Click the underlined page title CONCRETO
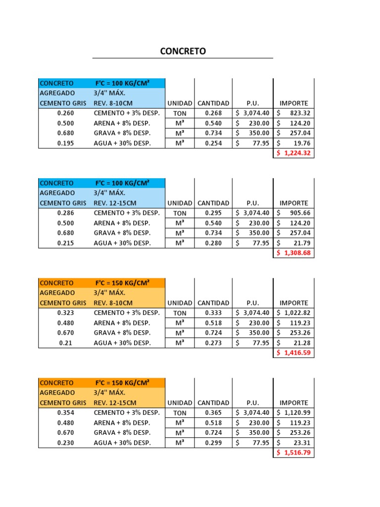pyautogui.click(x=183, y=51)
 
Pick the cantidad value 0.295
pyautogui.click(x=213, y=213)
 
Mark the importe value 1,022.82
pyautogui.click(x=296, y=313)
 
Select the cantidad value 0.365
pyautogui.click(x=213, y=412)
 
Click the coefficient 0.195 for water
pyautogui.click(x=65, y=143)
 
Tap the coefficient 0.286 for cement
pyautogui.click(x=65, y=213)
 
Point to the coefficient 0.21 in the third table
pyautogui.click(x=65, y=343)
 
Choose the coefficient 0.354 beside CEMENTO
pyautogui.click(x=65, y=412)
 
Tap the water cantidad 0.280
pyautogui.click(x=213, y=243)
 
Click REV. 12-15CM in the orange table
pyautogui.click(x=115, y=403)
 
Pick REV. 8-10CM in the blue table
pyautogui.click(x=113, y=103)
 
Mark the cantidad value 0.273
pyautogui.click(x=213, y=343)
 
